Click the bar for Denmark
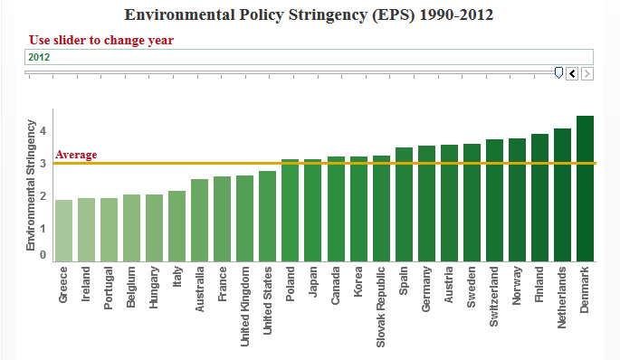pyautogui.click(x=585, y=188)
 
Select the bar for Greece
pyautogui.click(x=63, y=231)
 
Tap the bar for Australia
pyautogui.click(x=199, y=220)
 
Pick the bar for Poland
pyautogui.click(x=290, y=210)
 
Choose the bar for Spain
pyautogui.click(x=404, y=204)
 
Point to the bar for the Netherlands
pyautogui.click(x=562, y=194)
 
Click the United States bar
pyautogui.click(x=267, y=216)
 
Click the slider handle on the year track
pyautogui.click(x=558, y=72)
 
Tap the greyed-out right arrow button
pyautogui.click(x=587, y=73)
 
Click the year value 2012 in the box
pyautogui.click(x=39, y=57)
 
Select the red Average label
pyautogui.click(x=76, y=155)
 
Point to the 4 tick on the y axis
pyautogui.click(x=43, y=131)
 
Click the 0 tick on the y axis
pyautogui.click(x=43, y=255)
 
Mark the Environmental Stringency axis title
pyautogui.click(x=31, y=185)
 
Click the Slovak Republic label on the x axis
pyautogui.click(x=380, y=307)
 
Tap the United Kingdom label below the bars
pyautogui.click(x=244, y=307)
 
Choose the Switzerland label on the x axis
pyautogui.click(x=494, y=297)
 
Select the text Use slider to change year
pyautogui.click(x=101, y=40)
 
